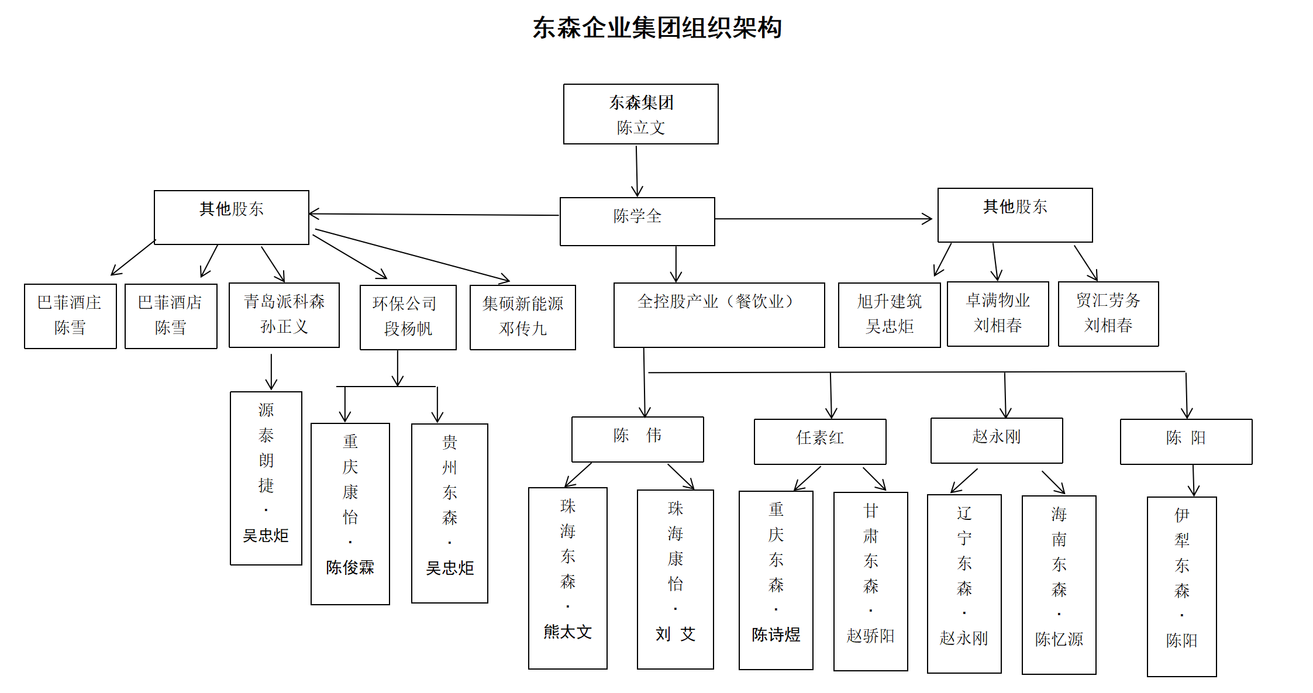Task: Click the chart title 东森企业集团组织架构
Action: tap(657, 27)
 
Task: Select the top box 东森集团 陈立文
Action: tap(640, 114)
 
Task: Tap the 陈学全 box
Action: tap(637, 221)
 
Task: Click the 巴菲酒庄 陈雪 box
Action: tap(70, 316)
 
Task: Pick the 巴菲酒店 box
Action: tap(171, 316)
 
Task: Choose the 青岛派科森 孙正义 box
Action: tap(284, 315)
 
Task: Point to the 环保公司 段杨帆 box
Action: tap(408, 317)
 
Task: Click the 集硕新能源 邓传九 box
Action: tap(522, 317)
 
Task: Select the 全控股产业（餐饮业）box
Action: tap(719, 315)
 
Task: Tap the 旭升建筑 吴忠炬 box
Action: tap(889, 315)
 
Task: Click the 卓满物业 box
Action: tap(998, 313)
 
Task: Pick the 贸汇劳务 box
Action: tap(1108, 313)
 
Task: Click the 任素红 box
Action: tap(820, 442)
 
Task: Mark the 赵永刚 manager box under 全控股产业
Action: tap(997, 440)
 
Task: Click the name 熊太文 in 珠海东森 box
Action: tap(567, 632)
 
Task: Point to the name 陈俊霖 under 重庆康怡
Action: tap(350, 567)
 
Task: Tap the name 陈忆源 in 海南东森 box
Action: tap(1059, 639)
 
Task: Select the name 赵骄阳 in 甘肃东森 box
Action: tap(870, 636)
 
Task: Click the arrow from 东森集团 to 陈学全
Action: tap(637, 171)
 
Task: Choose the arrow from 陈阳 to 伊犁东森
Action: tap(1194, 480)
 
